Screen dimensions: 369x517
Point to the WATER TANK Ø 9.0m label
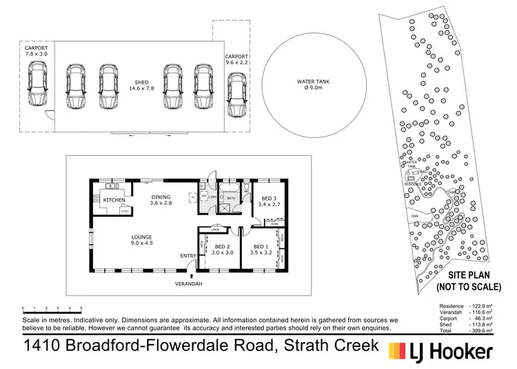point(313,85)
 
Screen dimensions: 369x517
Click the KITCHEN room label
point(114,200)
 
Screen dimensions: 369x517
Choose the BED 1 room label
point(261,250)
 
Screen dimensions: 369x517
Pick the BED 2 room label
point(222,250)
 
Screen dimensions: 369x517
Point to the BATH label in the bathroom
point(232,199)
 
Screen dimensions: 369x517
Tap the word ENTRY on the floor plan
point(188,257)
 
